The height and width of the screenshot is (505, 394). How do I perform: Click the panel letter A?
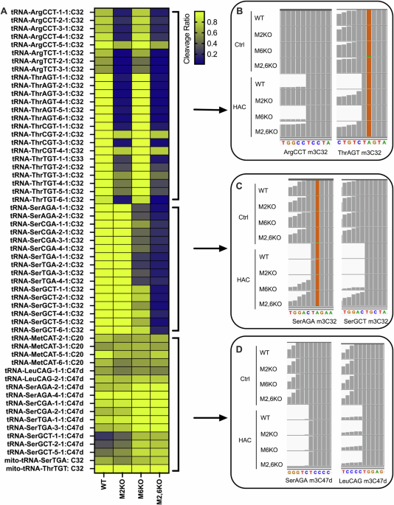pyautogui.click(x=6, y=9)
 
